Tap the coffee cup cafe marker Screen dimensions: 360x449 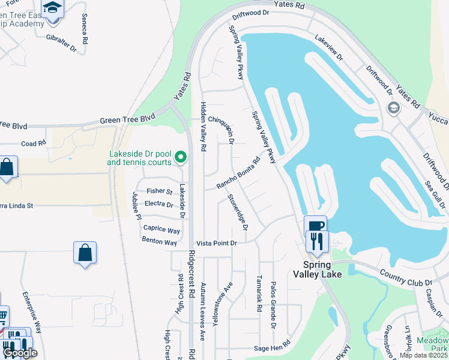(315, 226)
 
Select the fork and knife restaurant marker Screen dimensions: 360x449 (315, 241)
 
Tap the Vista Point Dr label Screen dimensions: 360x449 (217, 242)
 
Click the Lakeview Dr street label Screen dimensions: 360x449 (328, 47)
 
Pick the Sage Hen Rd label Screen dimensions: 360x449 (272, 347)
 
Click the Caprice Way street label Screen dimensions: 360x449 (161, 229)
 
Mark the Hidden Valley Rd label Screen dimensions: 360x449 (203, 125)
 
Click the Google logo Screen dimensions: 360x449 (20, 353)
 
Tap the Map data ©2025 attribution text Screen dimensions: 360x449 (423, 355)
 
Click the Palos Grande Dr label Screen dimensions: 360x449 (273, 305)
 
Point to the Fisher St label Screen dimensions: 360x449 (160, 191)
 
